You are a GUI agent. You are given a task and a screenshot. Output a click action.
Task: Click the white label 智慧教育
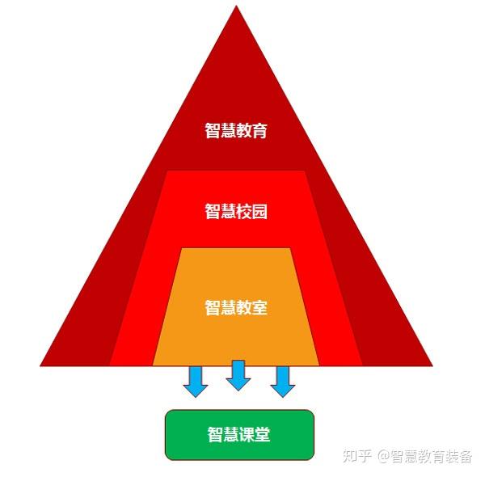pos(236,130)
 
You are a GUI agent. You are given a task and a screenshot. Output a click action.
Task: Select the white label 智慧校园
pos(236,212)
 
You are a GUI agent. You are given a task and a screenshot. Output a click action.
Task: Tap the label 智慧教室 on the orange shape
pos(236,308)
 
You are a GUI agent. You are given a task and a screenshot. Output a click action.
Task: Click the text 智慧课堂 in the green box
pos(238,435)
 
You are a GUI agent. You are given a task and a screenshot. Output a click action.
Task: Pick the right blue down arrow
pos(282,381)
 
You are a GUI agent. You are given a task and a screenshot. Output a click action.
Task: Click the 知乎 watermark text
pos(357,456)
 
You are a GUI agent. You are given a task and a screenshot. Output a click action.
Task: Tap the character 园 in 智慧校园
pos(259,212)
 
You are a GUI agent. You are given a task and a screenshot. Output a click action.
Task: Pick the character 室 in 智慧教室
pos(259,308)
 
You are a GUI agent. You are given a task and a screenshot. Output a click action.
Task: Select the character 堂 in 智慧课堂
pos(262,435)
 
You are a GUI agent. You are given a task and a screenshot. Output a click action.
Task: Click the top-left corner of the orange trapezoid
pos(181,249)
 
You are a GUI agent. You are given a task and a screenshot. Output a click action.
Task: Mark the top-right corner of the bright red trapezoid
pos(306,171)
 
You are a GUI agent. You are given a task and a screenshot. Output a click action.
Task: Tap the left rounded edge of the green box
pos(166,435)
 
